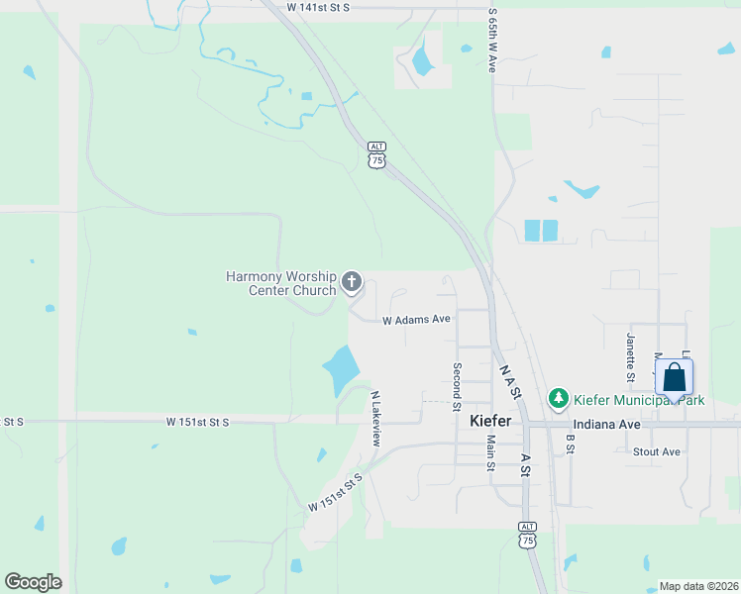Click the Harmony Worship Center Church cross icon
click(351, 284)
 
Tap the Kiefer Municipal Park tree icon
click(559, 399)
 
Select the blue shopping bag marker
click(674, 378)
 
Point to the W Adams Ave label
click(417, 320)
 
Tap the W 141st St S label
click(318, 7)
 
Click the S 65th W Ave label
click(492, 43)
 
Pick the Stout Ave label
click(656, 451)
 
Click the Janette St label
click(630, 356)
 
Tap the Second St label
click(457, 386)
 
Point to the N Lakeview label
click(375, 418)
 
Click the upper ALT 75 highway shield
click(375, 154)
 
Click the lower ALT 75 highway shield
click(528, 535)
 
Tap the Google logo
click(33, 582)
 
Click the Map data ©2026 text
click(698, 586)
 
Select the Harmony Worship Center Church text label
click(281, 283)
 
